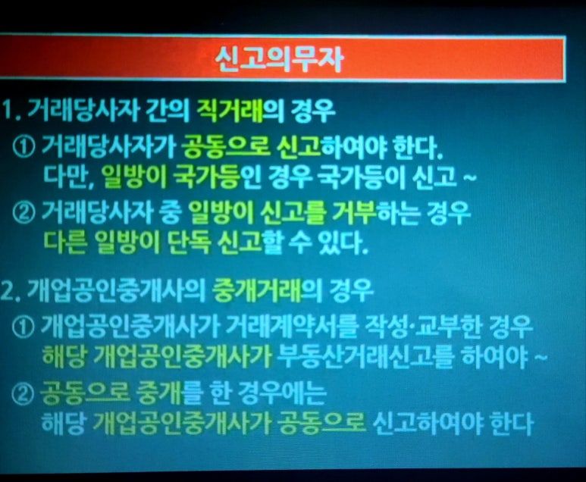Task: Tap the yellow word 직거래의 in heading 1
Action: [x=240, y=111]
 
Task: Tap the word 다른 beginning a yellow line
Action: [x=66, y=243]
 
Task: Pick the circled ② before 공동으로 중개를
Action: [x=23, y=394]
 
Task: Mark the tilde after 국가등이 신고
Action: [x=470, y=177]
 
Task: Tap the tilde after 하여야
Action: [x=541, y=358]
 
